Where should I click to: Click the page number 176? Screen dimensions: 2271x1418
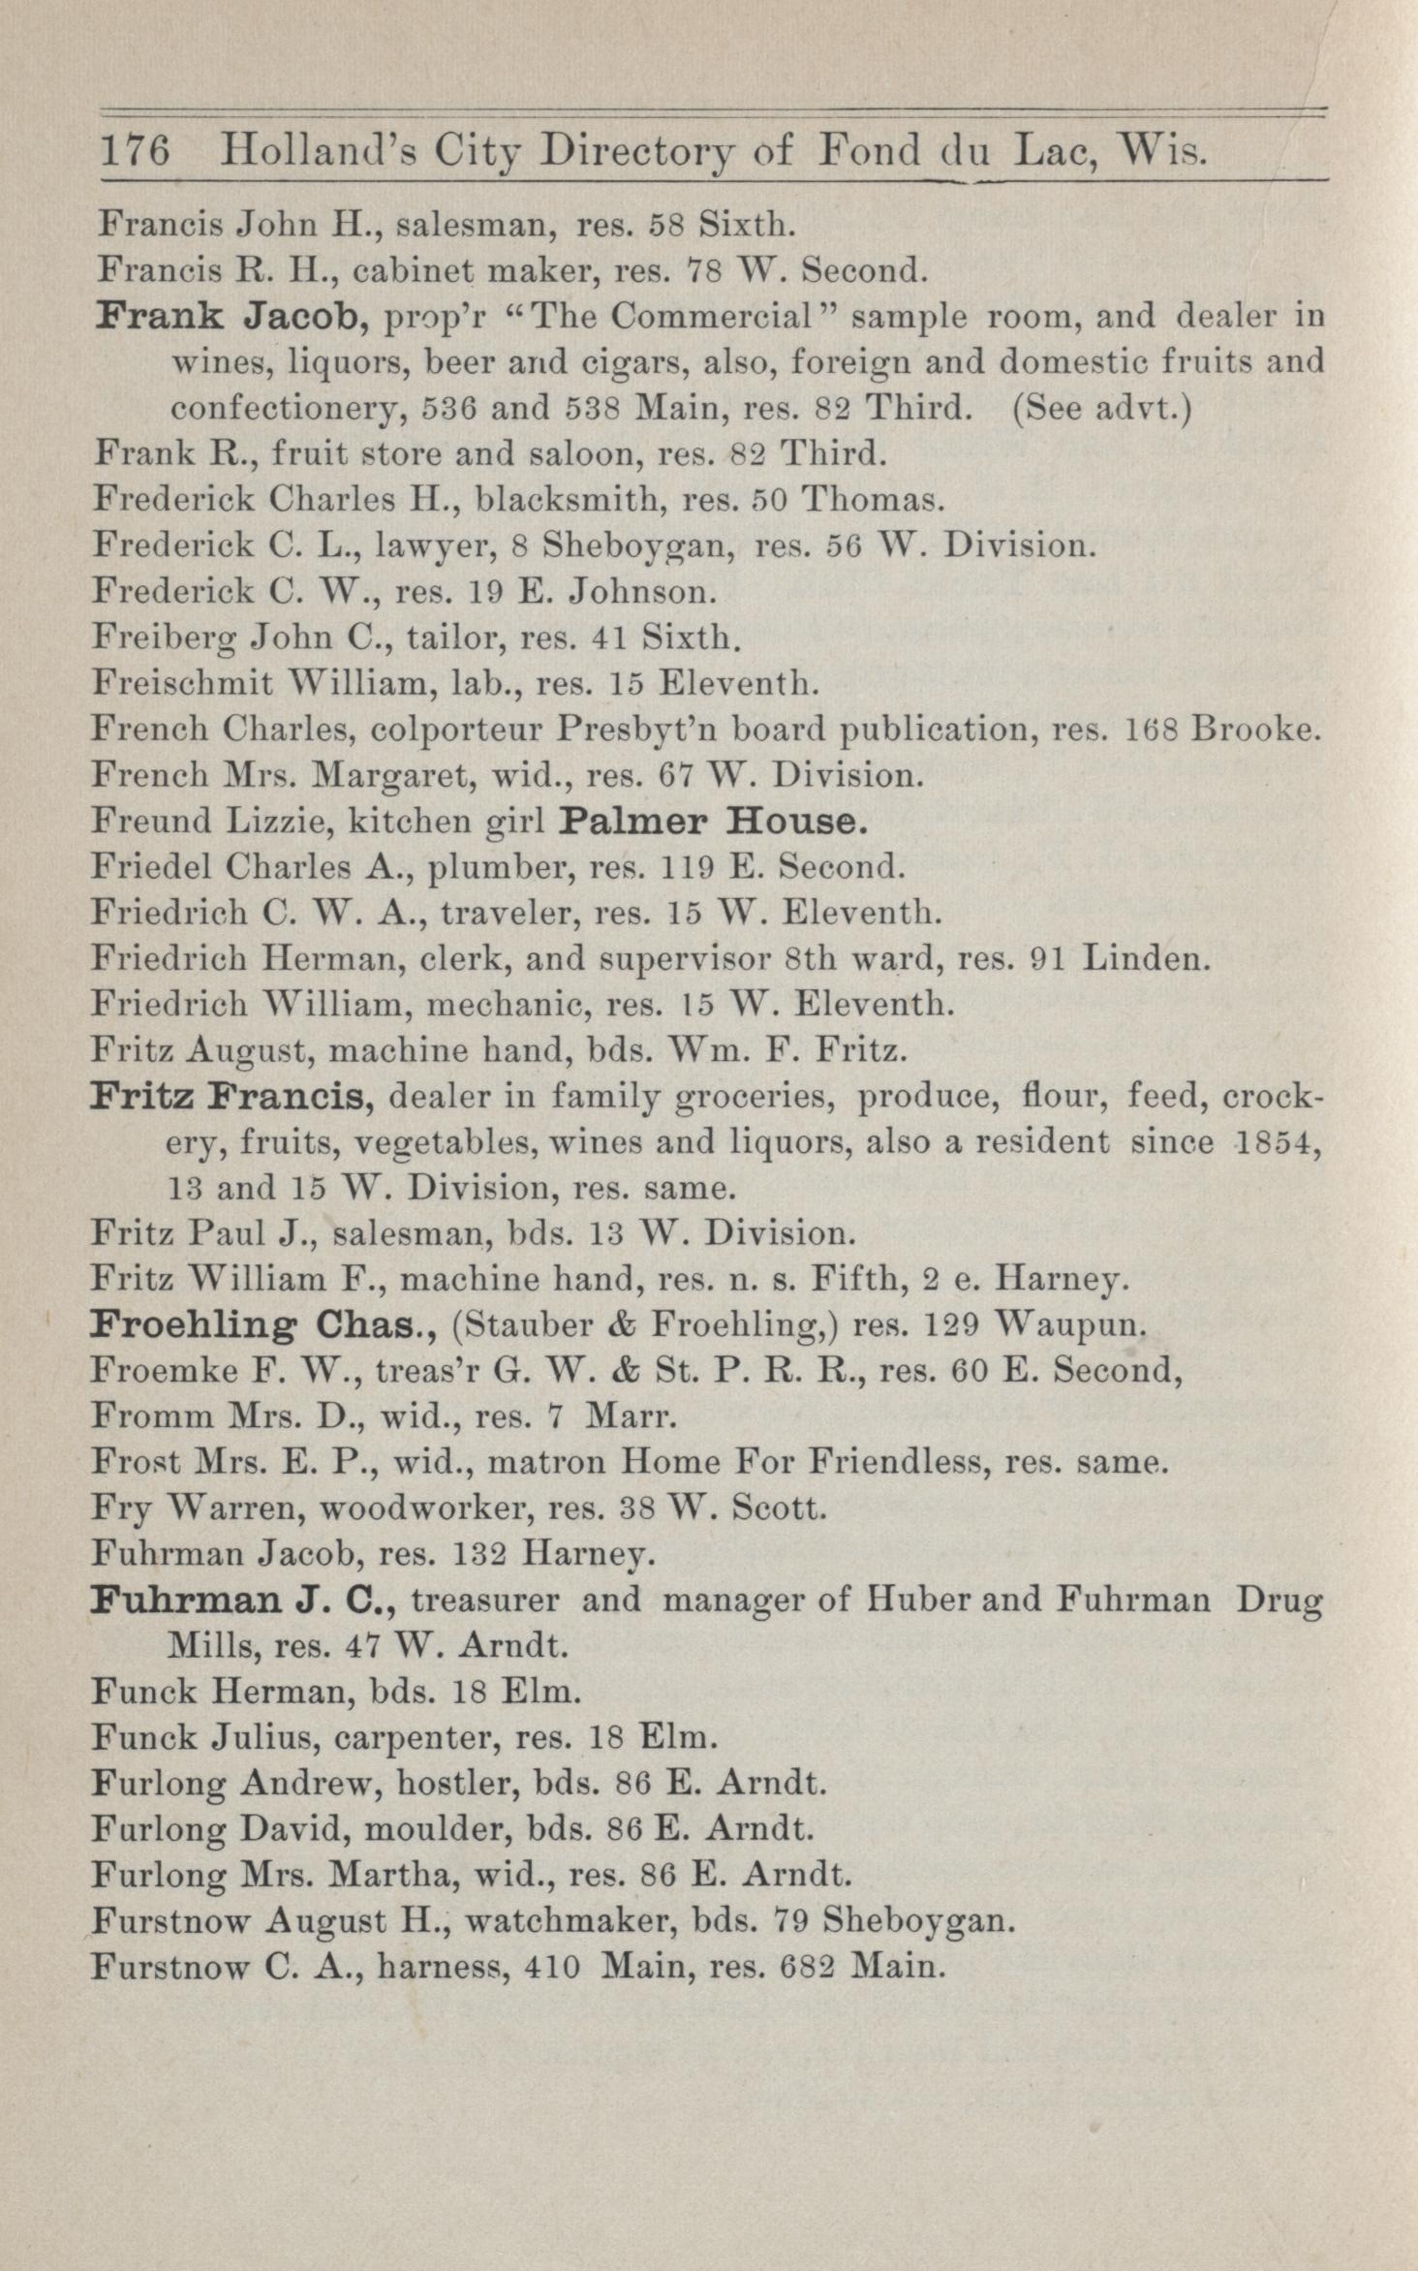pyautogui.click(x=136, y=152)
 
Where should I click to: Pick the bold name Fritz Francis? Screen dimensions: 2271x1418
pyautogui.click(x=231, y=1098)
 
